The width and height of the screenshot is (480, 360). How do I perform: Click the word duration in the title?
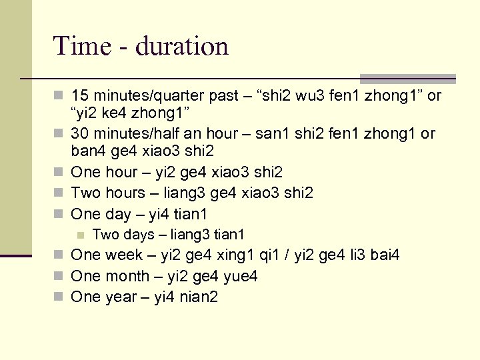[x=182, y=46]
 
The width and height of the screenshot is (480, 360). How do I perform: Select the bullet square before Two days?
[x=80, y=235]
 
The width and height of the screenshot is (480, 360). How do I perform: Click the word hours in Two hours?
[x=123, y=193]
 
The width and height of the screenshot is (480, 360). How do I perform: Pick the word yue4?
[x=241, y=276]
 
